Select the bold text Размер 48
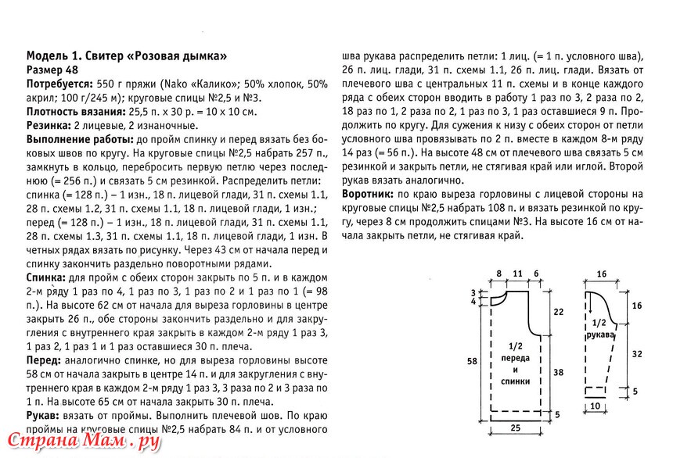[x=52, y=70]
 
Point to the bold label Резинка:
[x=49, y=126]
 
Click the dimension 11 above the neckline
[x=516, y=272]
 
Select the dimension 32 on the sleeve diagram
[x=636, y=353]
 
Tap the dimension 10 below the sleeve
[x=596, y=406]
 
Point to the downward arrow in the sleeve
[x=588, y=305]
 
